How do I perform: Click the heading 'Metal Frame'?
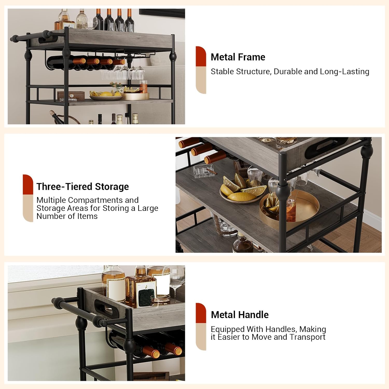pyautogui.click(x=238, y=57)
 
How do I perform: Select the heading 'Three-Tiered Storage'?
pyautogui.click(x=82, y=187)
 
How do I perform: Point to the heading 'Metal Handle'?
pyautogui.click(x=240, y=315)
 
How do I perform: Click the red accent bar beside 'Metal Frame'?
pyautogui.click(x=201, y=56)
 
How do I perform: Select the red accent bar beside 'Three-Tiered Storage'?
pyautogui.click(x=28, y=184)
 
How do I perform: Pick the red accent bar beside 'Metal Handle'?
pyautogui.click(x=201, y=313)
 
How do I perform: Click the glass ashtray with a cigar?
pyautogui.click(x=204, y=171)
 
